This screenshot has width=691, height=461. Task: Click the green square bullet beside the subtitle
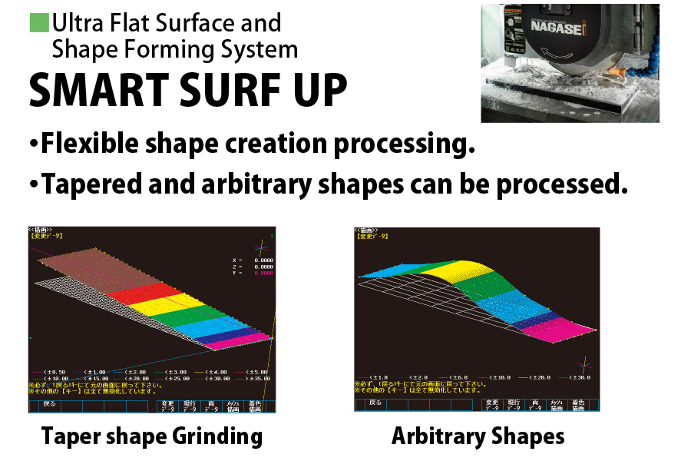pyautogui.click(x=39, y=23)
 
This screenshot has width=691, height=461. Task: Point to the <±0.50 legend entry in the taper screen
pyautogui.click(x=56, y=371)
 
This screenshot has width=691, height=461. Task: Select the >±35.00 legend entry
pyautogui.click(x=254, y=378)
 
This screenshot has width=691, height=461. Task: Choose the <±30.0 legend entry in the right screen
pyautogui.click(x=577, y=377)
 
